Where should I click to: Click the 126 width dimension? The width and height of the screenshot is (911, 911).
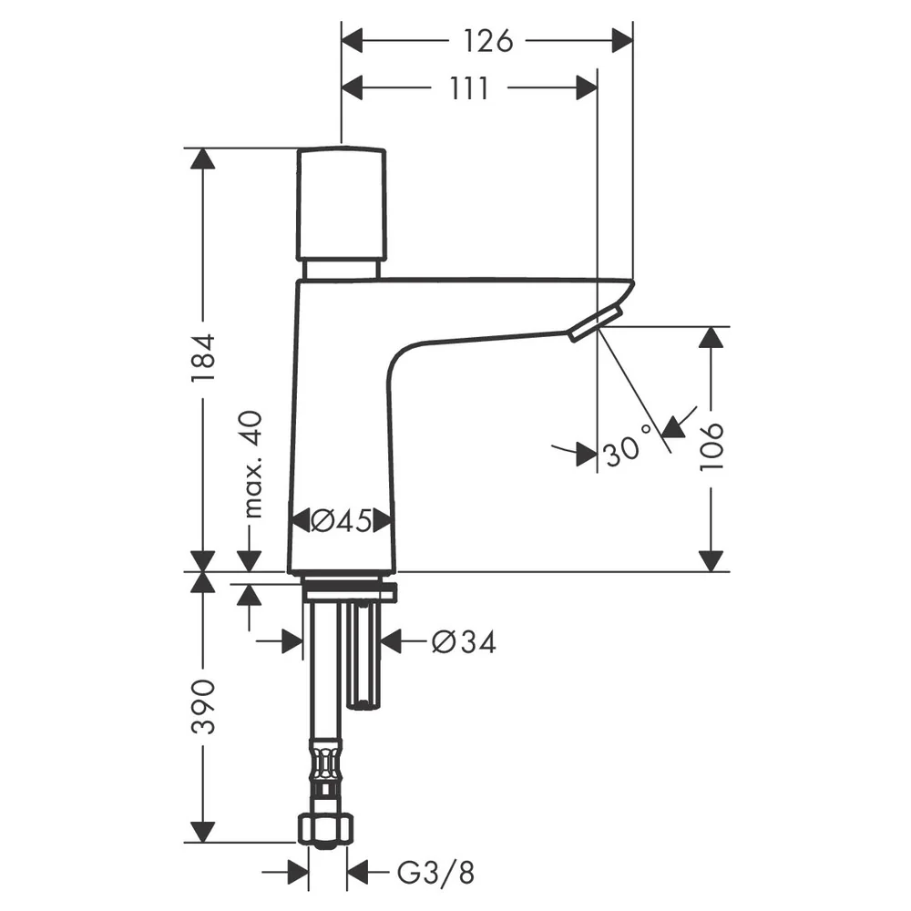click(x=488, y=41)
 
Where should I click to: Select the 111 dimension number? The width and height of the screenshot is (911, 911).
click(x=469, y=88)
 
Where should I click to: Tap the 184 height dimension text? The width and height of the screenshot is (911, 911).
click(x=203, y=357)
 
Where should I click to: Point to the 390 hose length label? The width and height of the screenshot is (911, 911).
click(x=203, y=706)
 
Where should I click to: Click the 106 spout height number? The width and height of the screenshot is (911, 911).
click(x=711, y=446)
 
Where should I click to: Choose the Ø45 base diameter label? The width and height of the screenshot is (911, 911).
click(x=341, y=520)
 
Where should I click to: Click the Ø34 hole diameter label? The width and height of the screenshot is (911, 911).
click(x=465, y=642)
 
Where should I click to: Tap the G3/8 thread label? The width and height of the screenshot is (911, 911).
click(x=435, y=872)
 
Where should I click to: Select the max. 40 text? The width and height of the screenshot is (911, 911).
click(x=252, y=464)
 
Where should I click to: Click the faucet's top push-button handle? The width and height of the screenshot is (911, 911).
click(x=342, y=204)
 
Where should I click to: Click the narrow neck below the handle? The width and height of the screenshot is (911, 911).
click(x=342, y=270)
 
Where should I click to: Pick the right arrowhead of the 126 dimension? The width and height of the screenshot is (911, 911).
click(x=622, y=41)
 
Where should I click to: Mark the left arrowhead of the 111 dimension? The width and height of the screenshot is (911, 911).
click(x=352, y=88)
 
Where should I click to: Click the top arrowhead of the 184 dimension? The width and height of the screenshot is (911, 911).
click(x=203, y=159)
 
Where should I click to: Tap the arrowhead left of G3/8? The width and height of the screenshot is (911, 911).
click(x=298, y=872)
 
